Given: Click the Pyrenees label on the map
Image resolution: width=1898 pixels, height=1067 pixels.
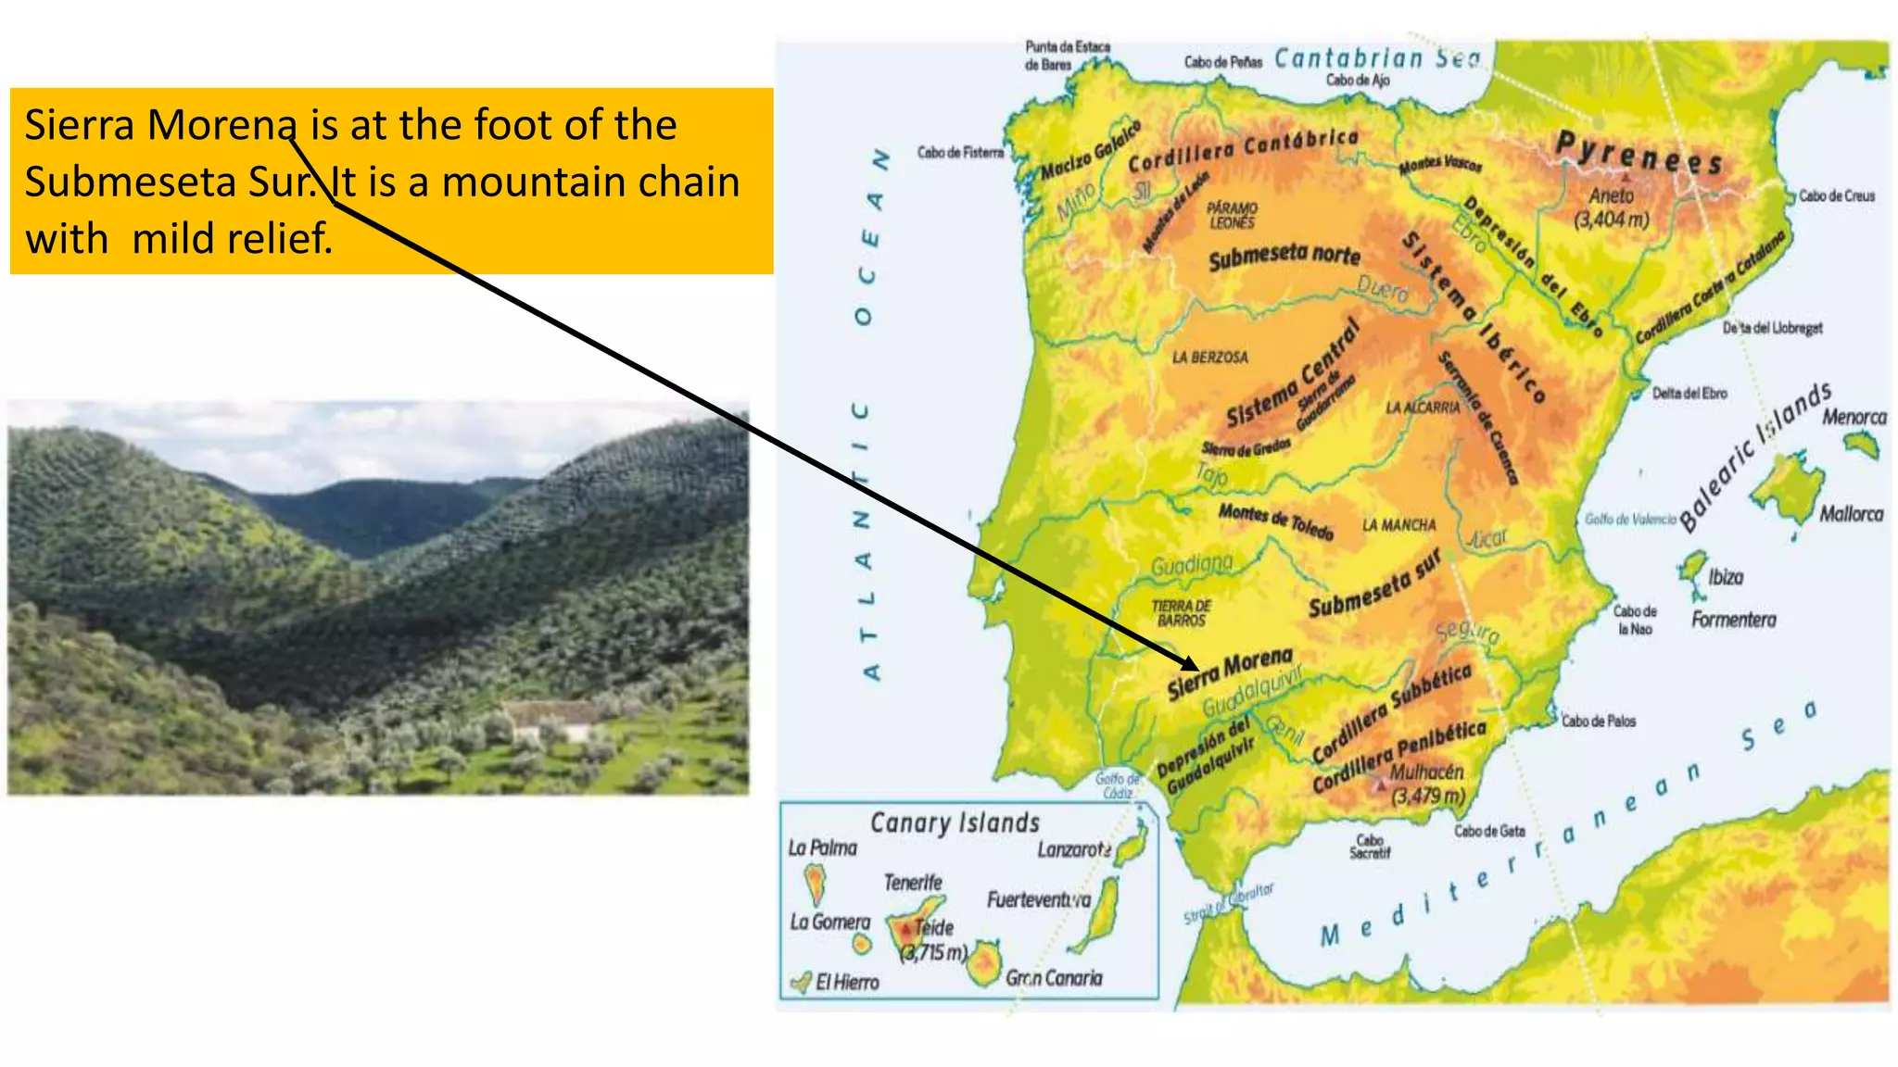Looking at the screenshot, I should coord(1639,153).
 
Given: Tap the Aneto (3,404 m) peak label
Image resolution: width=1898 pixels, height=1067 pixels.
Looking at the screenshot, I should coord(1612,207).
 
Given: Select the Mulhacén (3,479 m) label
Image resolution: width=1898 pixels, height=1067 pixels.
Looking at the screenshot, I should coord(1427,784).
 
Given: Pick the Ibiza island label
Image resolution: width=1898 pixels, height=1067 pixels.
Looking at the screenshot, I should coord(1725,577).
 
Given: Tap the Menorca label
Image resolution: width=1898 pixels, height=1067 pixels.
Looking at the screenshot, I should coord(1854,417).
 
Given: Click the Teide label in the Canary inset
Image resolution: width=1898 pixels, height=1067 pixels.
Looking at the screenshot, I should coord(933,927).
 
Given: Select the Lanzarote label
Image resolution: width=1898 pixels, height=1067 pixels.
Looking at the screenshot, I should coord(1073,849).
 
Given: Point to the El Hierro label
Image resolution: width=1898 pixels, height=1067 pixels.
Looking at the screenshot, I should coord(846,983).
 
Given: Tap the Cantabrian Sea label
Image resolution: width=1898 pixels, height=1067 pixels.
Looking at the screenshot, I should coord(1377,58).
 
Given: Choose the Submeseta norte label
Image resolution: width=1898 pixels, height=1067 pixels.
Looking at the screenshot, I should coord(1284,257).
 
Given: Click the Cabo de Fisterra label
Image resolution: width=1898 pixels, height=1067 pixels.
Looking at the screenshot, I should coord(960,152).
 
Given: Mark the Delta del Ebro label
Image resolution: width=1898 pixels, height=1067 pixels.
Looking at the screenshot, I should coord(1689,393).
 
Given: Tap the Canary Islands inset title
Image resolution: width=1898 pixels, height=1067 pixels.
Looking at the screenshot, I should coord(955,822).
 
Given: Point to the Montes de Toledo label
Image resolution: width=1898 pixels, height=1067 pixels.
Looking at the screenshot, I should coord(1275,521).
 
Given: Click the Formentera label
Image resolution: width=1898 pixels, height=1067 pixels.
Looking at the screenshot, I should coord(1733,620).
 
